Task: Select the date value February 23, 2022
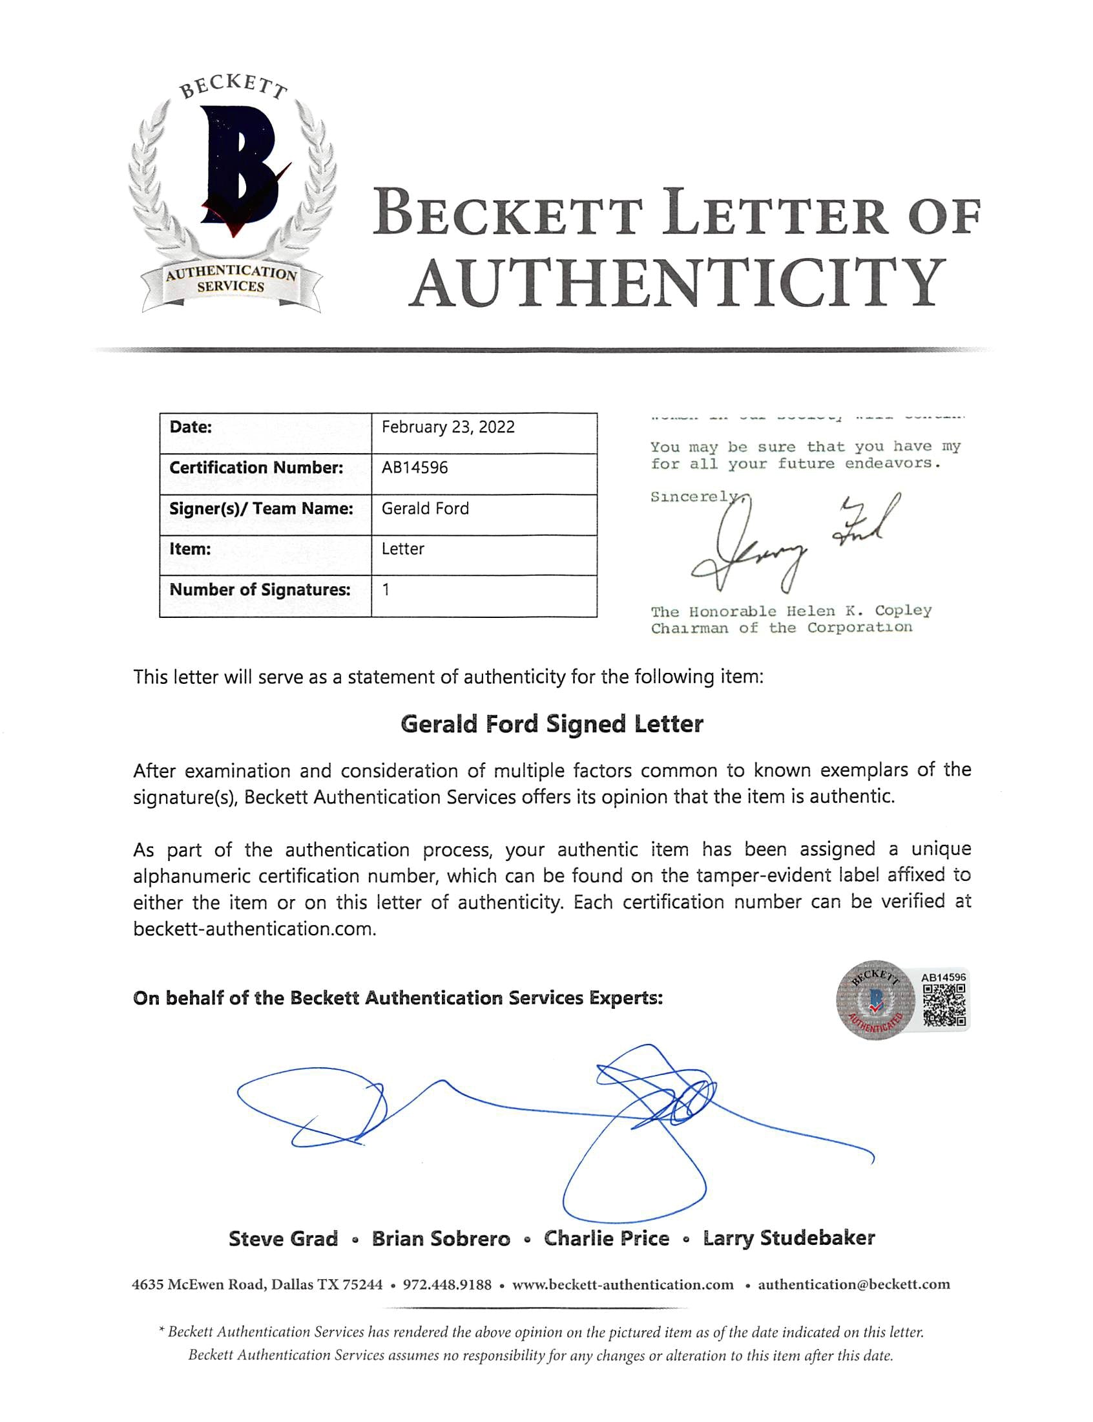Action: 448,427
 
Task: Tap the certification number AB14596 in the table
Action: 415,467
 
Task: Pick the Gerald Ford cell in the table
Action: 425,508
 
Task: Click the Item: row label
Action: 190,549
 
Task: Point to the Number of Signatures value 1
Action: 386,589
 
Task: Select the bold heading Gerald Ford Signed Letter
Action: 552,724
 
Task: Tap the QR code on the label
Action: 944,1006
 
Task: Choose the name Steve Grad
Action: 283,1238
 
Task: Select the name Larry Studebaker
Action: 789,1238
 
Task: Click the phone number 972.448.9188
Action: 447,1285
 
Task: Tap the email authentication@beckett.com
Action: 853,1285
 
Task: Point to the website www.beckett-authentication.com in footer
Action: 623,1285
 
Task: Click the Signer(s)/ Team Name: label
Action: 261,508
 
